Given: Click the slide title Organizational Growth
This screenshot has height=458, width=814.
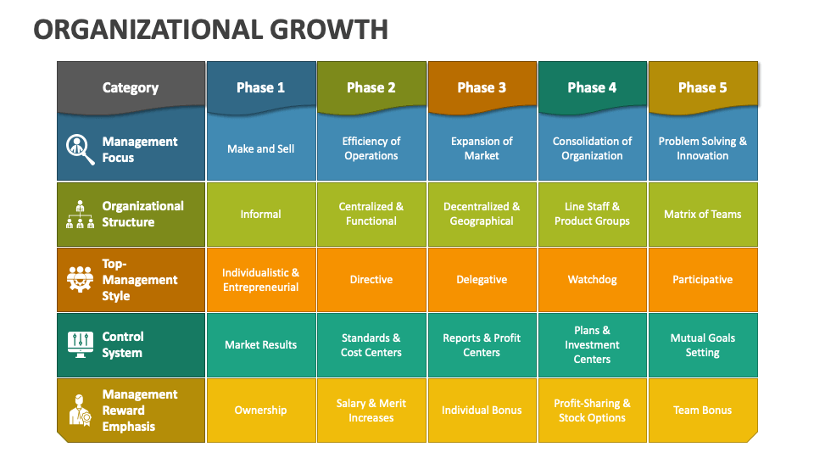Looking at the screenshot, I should [210, 29].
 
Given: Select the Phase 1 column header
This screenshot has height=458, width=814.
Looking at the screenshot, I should [260, 87].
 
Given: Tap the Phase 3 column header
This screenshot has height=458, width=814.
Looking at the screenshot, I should [482, 87].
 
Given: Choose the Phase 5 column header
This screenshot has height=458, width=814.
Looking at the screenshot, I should [702, 87].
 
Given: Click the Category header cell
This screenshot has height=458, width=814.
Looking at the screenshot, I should [130, 87].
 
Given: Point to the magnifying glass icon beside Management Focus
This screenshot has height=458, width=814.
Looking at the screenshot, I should [81, 149].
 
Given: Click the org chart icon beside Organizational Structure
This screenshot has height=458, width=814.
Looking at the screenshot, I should [81, 215].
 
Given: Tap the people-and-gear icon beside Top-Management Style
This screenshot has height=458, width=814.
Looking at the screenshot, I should [81, 280].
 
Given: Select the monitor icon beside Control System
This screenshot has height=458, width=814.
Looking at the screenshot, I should [81, 344].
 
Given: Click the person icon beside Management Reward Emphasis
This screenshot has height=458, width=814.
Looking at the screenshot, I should [81, 410].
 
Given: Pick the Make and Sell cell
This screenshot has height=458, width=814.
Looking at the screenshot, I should [260, 148].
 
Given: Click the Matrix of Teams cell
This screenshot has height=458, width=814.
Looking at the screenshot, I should [702, 214].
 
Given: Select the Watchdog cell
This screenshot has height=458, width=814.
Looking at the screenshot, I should [592, 279].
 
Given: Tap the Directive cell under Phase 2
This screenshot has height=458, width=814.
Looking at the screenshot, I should [371, 279].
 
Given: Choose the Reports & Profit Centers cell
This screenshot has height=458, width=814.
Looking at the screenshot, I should [482, 344].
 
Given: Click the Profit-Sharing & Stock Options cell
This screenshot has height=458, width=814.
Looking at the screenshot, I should [592, 410].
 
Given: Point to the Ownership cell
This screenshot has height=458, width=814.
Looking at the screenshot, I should [260, 410].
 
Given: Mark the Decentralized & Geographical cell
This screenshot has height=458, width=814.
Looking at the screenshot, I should [482, 214].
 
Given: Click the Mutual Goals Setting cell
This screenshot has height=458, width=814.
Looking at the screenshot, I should [702, 344].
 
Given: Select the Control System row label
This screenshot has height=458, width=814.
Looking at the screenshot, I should [123, 344].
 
